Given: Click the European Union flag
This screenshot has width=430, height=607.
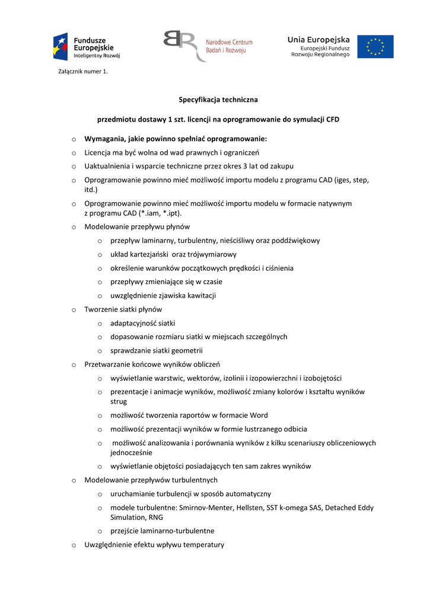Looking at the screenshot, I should pyautogui.click(x=375, y=47).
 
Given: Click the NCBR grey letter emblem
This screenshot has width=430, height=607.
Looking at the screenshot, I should pyautogui.click(x=179, y=46).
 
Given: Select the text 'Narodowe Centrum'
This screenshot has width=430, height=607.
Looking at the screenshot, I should pyautogui.click(x=229, y=42).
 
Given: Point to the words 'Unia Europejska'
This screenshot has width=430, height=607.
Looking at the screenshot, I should pyautogui.click(x=318, y=39).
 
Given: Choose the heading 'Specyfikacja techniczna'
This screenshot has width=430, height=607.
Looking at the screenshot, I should pyautogui.click(x=218, y=100).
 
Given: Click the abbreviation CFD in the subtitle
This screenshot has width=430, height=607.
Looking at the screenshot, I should pyautogui.click(x=332, y=119).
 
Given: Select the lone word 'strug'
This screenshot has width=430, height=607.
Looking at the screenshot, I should pyautogui.click(x=119, y=401).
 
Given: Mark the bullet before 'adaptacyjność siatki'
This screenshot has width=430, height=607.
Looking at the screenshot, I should pyautogui.click(x=100, y=323).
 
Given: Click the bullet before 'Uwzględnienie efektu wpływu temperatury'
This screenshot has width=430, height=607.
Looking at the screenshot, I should pyautogui.click(x=74, y=545).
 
